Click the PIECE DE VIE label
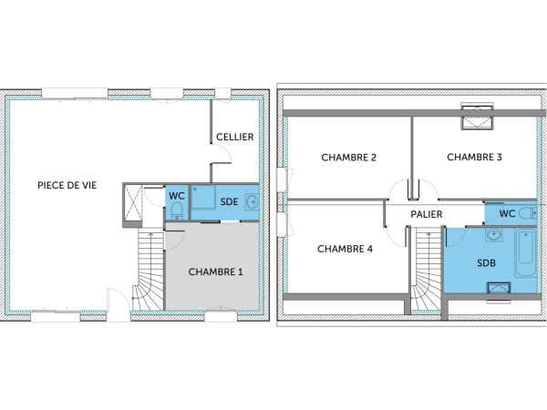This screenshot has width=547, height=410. click(67, 185)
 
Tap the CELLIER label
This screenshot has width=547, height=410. click(234, 137)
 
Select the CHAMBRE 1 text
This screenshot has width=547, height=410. click(215, 272)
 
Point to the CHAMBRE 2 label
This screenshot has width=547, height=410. click(349, 157)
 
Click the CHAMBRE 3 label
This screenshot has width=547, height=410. click(474, 157)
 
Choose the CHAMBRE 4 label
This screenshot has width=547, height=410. click(345, 248)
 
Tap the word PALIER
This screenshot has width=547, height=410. click(427, 214)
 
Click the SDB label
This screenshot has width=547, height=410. click(486, 263)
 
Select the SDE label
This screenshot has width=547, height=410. click(229, 201)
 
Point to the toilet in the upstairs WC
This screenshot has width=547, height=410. click(526, 214)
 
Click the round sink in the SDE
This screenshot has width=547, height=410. click(252, 201)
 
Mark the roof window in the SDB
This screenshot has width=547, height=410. click(499, 292)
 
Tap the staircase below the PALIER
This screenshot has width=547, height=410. click(425, 271)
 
